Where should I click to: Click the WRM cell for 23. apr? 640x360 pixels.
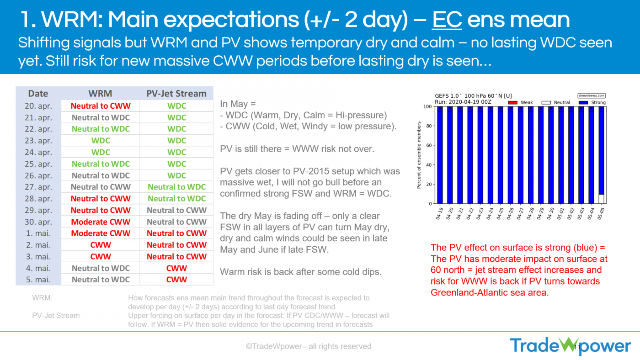coord(101,141)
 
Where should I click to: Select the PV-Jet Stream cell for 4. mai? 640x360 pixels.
coord(176,268)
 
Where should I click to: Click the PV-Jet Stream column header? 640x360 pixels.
coord(176,94)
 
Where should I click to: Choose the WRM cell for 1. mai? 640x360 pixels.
coord(101,233)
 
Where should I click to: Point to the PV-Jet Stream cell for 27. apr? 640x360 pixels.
coord(176,187)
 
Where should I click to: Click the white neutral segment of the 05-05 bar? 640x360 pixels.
coord(601,199)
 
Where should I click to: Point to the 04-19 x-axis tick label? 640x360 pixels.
coord(439,213)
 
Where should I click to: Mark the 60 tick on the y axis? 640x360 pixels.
coord(428,145)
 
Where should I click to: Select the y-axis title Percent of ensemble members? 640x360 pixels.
coord(419,155)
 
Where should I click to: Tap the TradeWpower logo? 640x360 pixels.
coord(570,346)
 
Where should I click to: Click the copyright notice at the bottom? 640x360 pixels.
coord(309,346)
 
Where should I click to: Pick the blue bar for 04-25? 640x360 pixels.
coord(500,155)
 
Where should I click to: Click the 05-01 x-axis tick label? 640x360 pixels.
coord(561,213)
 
